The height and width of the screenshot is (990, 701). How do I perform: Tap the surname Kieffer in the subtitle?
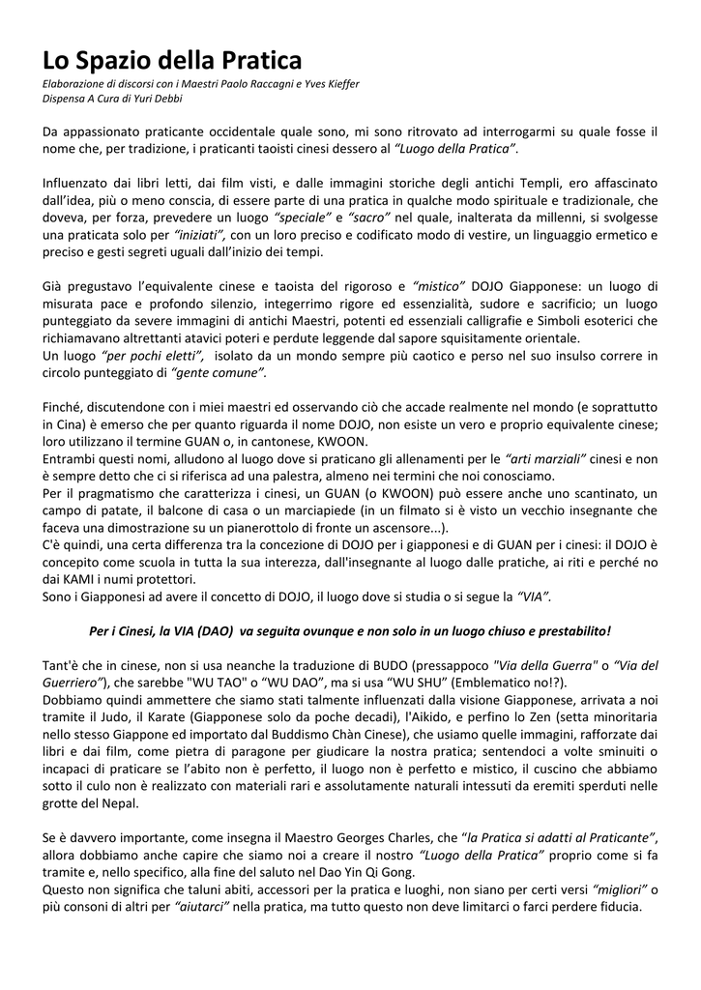coord(336,84)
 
